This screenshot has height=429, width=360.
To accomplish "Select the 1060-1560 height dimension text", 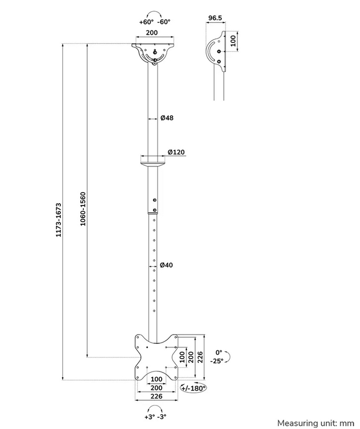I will point(83,209).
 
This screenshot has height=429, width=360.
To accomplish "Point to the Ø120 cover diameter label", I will point(176,152).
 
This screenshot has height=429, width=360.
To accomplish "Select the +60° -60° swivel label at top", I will point(154,22).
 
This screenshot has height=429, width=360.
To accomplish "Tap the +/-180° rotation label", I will point(193,388).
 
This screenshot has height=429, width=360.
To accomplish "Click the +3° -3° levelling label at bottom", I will point(155,416).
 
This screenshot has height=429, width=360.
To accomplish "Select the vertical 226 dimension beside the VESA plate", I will point(199,356).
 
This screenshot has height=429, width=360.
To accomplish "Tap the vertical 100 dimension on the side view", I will point(233,41).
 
